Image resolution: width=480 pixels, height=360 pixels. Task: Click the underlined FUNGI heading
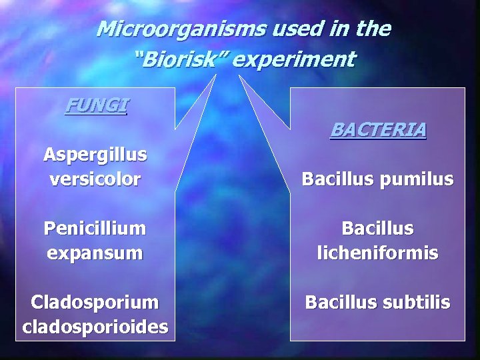pos(97,105)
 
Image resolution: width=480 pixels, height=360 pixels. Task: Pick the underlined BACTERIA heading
pos(378,129)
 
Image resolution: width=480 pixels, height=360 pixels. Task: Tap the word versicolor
pos(95,179)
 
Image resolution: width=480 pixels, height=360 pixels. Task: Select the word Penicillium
pos(95,228)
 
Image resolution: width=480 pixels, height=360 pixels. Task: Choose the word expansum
pos(95,253)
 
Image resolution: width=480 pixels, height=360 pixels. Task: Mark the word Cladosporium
pos(95,302)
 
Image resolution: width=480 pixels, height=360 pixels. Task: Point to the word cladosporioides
pos(95,327)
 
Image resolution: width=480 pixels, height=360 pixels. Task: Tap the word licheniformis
pos(378,253)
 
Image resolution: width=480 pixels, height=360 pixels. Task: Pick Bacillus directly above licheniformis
pos(378,229)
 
